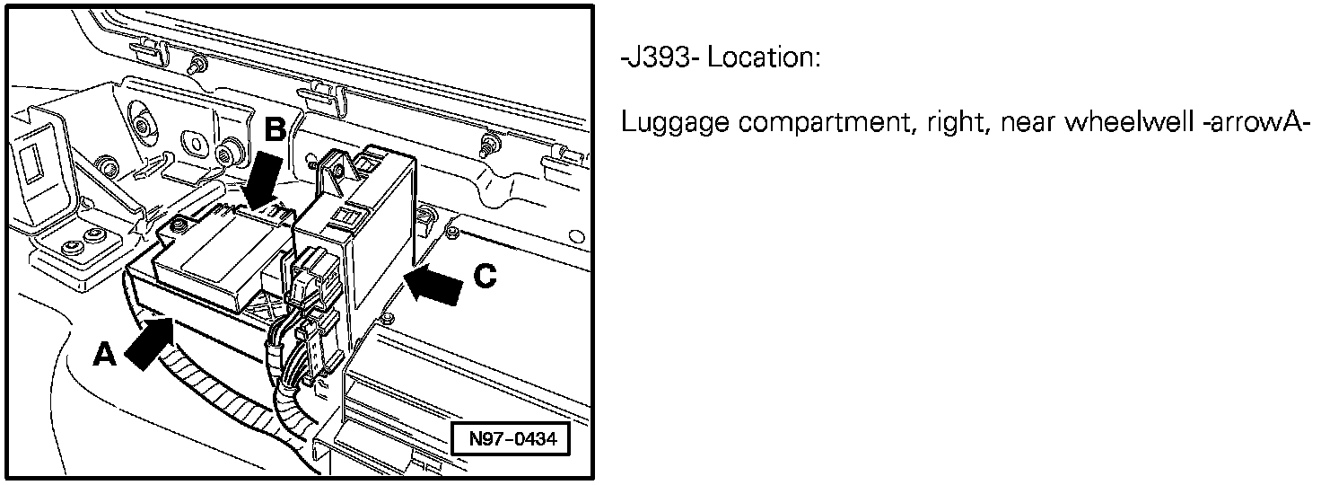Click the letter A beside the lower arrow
coord(106,357)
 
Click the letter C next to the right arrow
coord(485,278)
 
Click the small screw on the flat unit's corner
coord(179,225)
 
